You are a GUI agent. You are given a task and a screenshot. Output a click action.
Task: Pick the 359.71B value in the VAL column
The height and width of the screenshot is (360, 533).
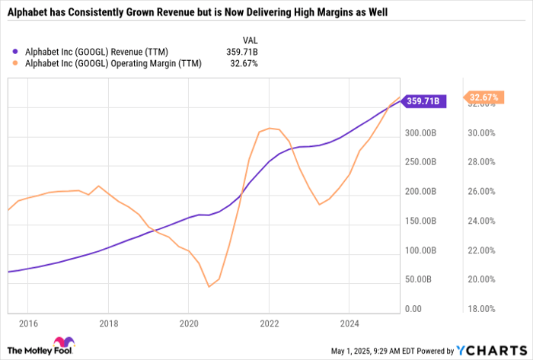point(243,51)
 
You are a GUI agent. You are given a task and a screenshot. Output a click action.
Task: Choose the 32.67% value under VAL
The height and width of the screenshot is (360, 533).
point(244,63)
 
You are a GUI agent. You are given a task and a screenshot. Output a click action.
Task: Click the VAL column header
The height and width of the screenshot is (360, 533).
point(249,38)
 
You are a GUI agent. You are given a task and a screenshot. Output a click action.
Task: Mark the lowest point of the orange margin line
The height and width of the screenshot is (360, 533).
point(209,287)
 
